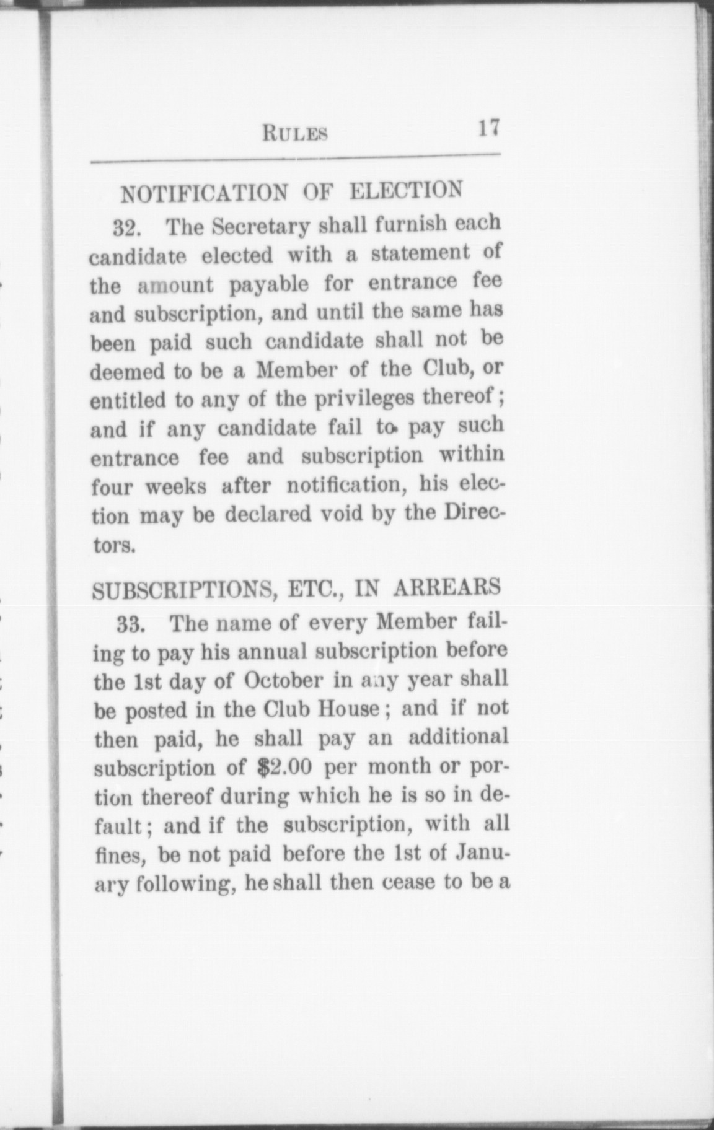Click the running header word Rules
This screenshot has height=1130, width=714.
(295, 133)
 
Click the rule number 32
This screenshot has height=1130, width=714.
(128, 229)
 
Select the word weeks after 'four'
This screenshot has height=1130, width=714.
(175, 487)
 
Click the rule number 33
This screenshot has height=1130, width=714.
(131, 624)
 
